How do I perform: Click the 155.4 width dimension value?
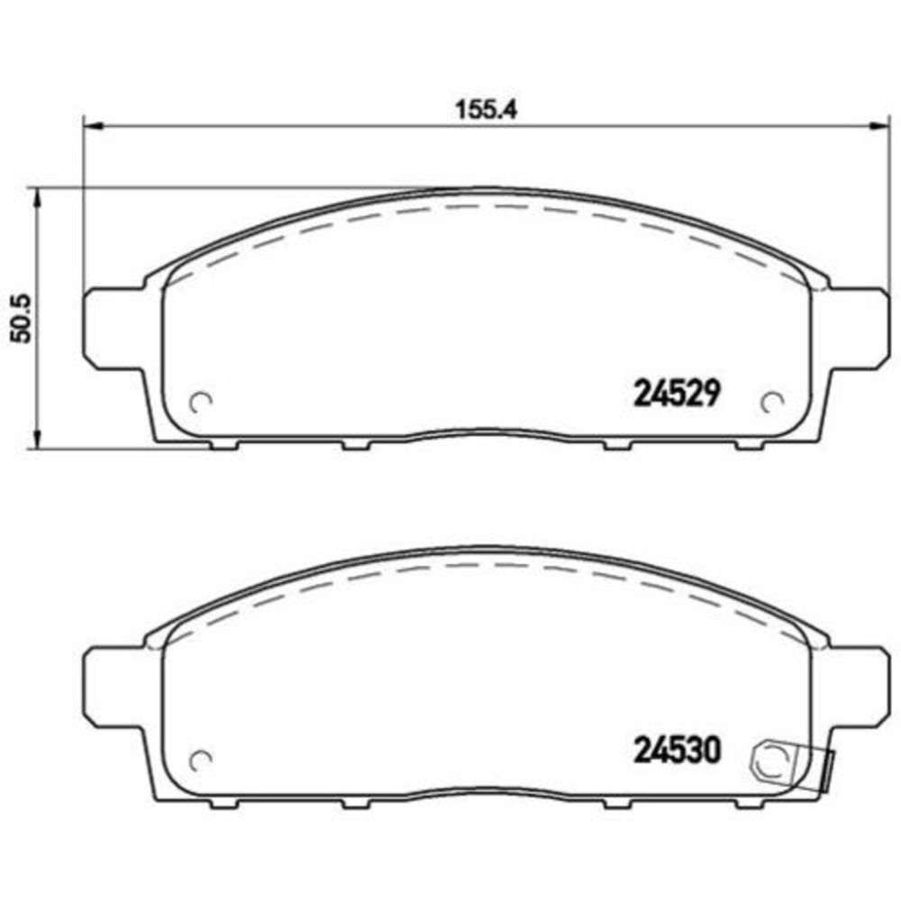[487, 110]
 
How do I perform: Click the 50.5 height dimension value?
[22, 319]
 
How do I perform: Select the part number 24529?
[677, 395]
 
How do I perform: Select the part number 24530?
[677, 751]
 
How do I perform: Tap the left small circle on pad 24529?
[201, 401]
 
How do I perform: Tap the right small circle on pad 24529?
[772, 401]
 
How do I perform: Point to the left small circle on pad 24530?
[201, 760]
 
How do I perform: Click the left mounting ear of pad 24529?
[114, 328]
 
